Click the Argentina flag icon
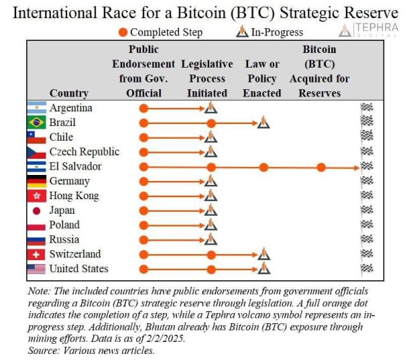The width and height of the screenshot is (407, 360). [x=36, y=108]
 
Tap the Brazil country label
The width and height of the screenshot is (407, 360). [x=62, y=123]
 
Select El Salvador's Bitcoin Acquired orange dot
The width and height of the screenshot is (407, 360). [x=321, y=167]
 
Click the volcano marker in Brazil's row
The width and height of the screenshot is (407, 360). [x=264, y=123]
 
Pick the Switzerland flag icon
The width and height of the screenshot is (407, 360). [x=36, y=255]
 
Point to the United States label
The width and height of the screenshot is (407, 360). [x=79, y=269]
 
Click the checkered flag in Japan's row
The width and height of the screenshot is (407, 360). [x=366, y=211]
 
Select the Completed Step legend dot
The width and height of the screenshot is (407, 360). [x=123, y=32]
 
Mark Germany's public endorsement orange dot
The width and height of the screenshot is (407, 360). [x=143, y=181]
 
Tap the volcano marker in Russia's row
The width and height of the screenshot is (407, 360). [x=211, y=239]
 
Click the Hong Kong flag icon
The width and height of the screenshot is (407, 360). [x=36, y=196]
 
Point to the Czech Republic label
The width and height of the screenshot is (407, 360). [x=84, y=152]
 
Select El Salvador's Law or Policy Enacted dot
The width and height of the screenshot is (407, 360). [x=264, y=167]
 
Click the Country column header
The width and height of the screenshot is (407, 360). [x=69, y=93]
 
